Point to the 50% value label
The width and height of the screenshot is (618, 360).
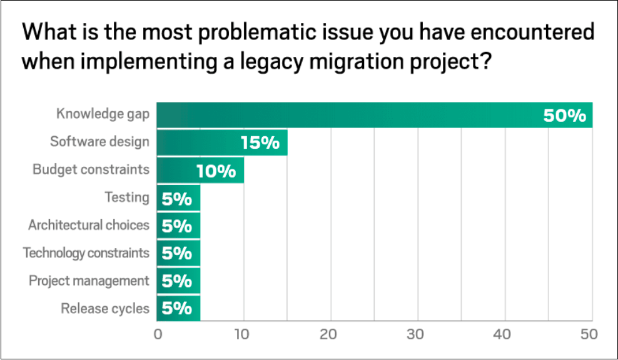click(x=564, y=116)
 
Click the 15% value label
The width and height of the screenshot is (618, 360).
click(x=260, y=143)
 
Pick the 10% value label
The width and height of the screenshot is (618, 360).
click(x=216, y=171)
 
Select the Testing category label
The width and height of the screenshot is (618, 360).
click(x=127, y=197)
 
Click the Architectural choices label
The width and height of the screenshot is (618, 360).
click(x=89, y=225)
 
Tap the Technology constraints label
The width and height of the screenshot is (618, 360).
click(x=86, y=252)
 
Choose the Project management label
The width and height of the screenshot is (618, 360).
click(x=89, y=281)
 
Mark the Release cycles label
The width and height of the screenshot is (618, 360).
click(x=105, y=308)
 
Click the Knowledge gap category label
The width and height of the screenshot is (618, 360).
click(x=103, y=114)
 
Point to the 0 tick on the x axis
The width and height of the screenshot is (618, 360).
click(x=158, y=334)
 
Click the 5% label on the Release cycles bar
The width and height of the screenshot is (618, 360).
click(x=176, y=309)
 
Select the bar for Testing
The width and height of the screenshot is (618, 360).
click(x=178, y=198)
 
